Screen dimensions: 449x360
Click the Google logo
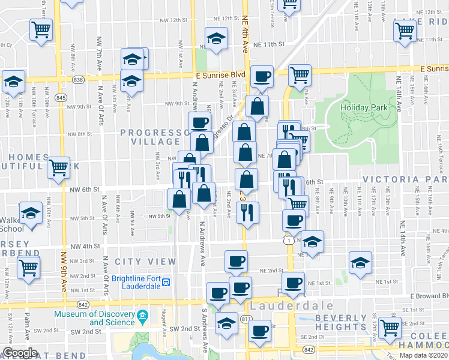tap(20, 353)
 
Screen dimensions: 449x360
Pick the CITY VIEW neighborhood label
tap(145, 262)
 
